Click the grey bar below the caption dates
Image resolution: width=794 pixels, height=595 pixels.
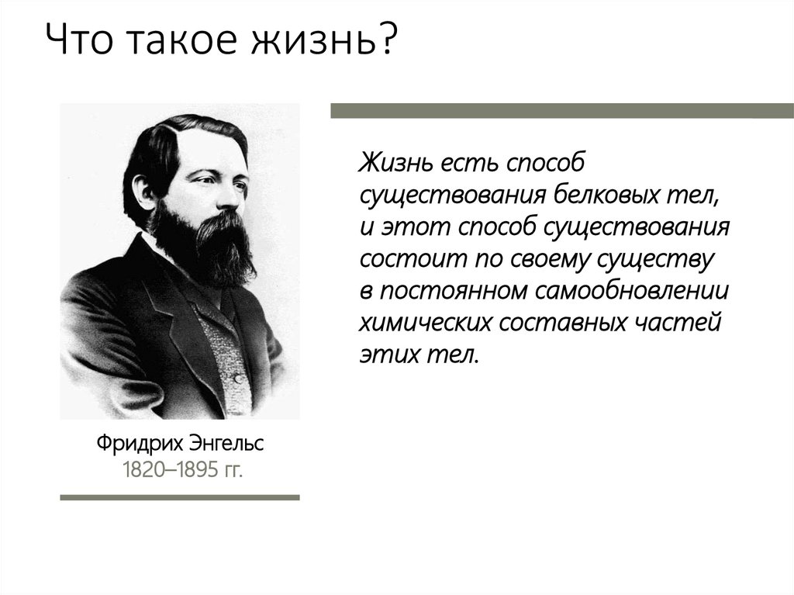(x=180, y=496)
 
